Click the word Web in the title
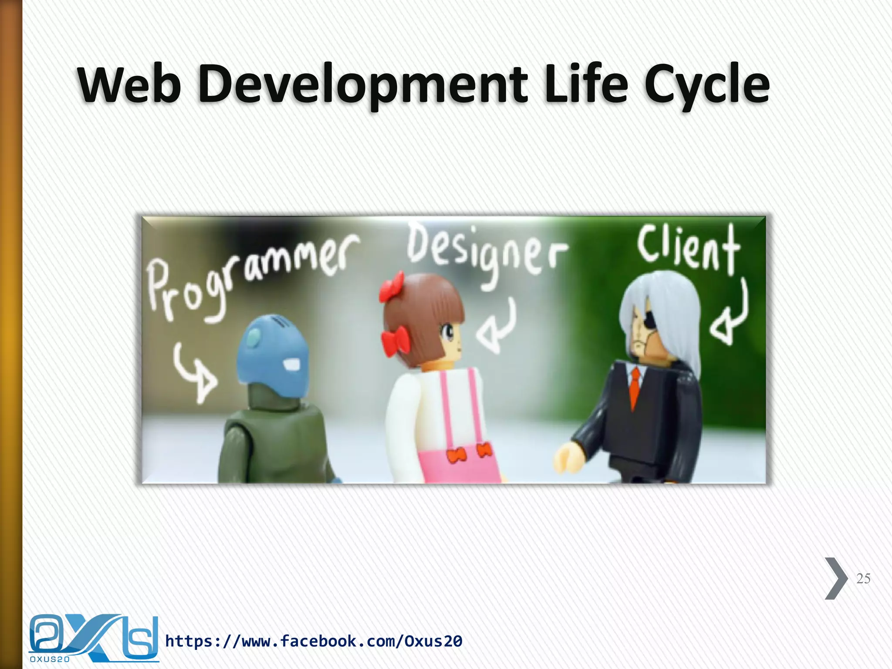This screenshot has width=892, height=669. (x=129, y=84)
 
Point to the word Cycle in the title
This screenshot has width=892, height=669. (x=706, y=84)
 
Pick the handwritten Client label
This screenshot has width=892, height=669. (x=689, y=248)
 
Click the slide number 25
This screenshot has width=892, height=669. (x=863, y=578)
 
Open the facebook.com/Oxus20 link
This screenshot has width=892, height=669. (x=314, y=641)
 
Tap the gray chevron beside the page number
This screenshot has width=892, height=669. (x=835, y=578)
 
